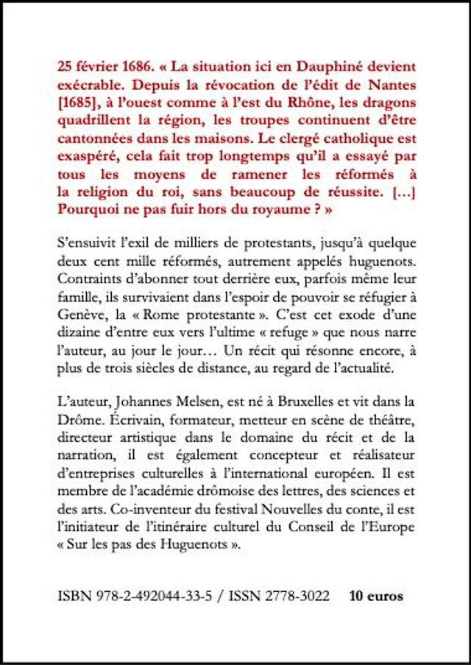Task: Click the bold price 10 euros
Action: pyautogui.click(x=376, y=597)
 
